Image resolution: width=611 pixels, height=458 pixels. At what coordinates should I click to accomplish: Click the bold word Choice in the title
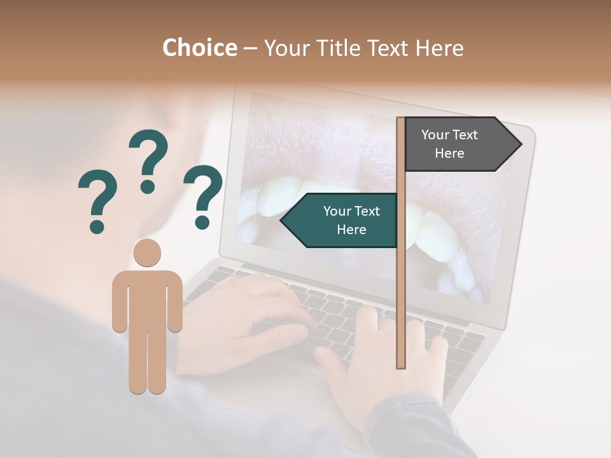(199, 48)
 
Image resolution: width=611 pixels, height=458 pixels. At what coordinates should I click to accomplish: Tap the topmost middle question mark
(148, 159)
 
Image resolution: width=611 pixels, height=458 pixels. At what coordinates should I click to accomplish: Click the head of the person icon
(147, 253)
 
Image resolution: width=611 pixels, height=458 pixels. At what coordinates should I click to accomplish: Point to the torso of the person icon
(147, 299)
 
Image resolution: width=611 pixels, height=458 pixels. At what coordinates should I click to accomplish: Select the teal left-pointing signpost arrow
(341, 220)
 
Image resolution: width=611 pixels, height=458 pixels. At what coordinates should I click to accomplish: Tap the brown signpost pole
(401, 286)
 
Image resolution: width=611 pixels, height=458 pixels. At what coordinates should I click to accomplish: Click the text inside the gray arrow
(449, 144)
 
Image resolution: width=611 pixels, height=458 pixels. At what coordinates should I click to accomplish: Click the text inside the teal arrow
(351, 220)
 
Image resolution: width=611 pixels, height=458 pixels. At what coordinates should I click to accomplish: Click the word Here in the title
(439, 48)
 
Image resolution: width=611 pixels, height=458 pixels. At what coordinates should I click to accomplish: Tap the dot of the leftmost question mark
(97, 226)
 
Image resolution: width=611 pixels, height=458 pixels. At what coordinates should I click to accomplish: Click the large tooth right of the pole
(439, 235)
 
